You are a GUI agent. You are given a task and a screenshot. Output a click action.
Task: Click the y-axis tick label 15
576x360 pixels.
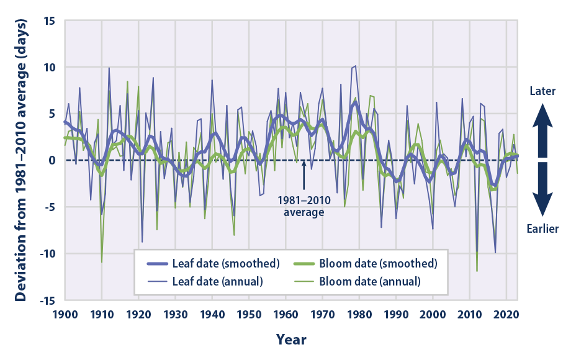point(50,20)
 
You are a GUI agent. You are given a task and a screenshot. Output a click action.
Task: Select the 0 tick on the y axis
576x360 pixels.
point(53,160)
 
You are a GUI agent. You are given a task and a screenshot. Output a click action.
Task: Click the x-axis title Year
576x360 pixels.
point(291,340)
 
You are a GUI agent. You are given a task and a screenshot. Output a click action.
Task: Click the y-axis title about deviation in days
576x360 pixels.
point(20,160)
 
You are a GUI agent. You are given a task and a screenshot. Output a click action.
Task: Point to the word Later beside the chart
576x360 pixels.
point(542,91)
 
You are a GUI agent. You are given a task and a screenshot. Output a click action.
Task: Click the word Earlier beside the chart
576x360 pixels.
point(542,228)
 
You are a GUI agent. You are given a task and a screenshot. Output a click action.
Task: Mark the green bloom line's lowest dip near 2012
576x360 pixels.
point(477,271)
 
